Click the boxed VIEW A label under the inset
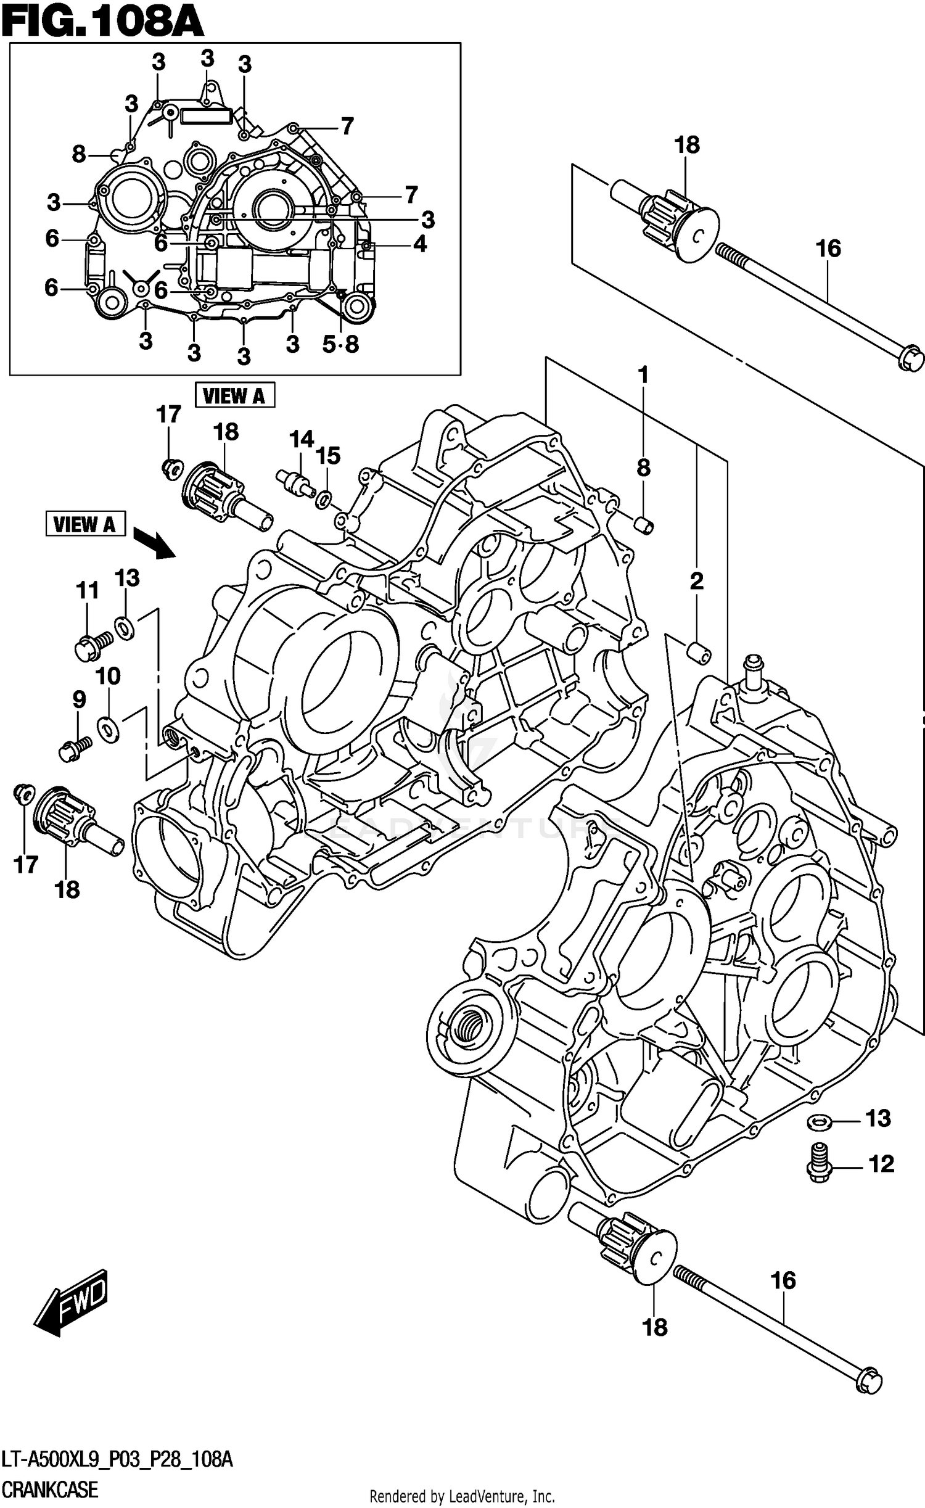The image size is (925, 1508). click(x=234, y=395)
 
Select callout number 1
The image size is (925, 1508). click(x=643, y=374)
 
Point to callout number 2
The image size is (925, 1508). click(x=696, y=580)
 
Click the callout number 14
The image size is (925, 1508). click(x=302, y=440)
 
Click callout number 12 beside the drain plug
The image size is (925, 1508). click(x=881, y=1164)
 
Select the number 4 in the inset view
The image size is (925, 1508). click(x=419, y=244)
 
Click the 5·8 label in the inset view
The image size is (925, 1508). click(x=340, y=344)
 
